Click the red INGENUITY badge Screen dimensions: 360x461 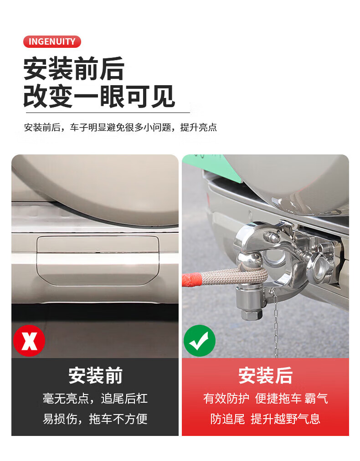pyautogui.click(x=52, y=41)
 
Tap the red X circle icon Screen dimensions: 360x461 pyautogui.click(x=29, y=341)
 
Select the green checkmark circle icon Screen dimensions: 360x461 pyautogui.click(x=200, y=341)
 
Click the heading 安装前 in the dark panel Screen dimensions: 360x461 pyautogui.click(x=95, y=375)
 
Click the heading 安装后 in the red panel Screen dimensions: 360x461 pyautogui.click(x=265, y=375)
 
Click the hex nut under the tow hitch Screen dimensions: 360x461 pyautogui.click(x=252, y=314)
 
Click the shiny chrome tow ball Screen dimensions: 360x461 pyautogui.click(x=250, y=260)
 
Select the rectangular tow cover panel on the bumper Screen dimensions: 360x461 pyautogui.click(x=98, y=261)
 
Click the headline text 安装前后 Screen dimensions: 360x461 pyautogui.click(x=73, y=69)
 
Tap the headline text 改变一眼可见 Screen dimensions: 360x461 pyautogui.click(x=99, y=97)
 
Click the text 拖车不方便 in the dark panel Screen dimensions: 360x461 pyautogui.click(x=118, y=419)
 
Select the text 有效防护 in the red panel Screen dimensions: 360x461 pyautogui.click(x=226, y=399)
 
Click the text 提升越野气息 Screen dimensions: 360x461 pyautogui.click(x=285, y=419)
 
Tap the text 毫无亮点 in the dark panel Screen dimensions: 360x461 pyautogui.click(x=66, y=399)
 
